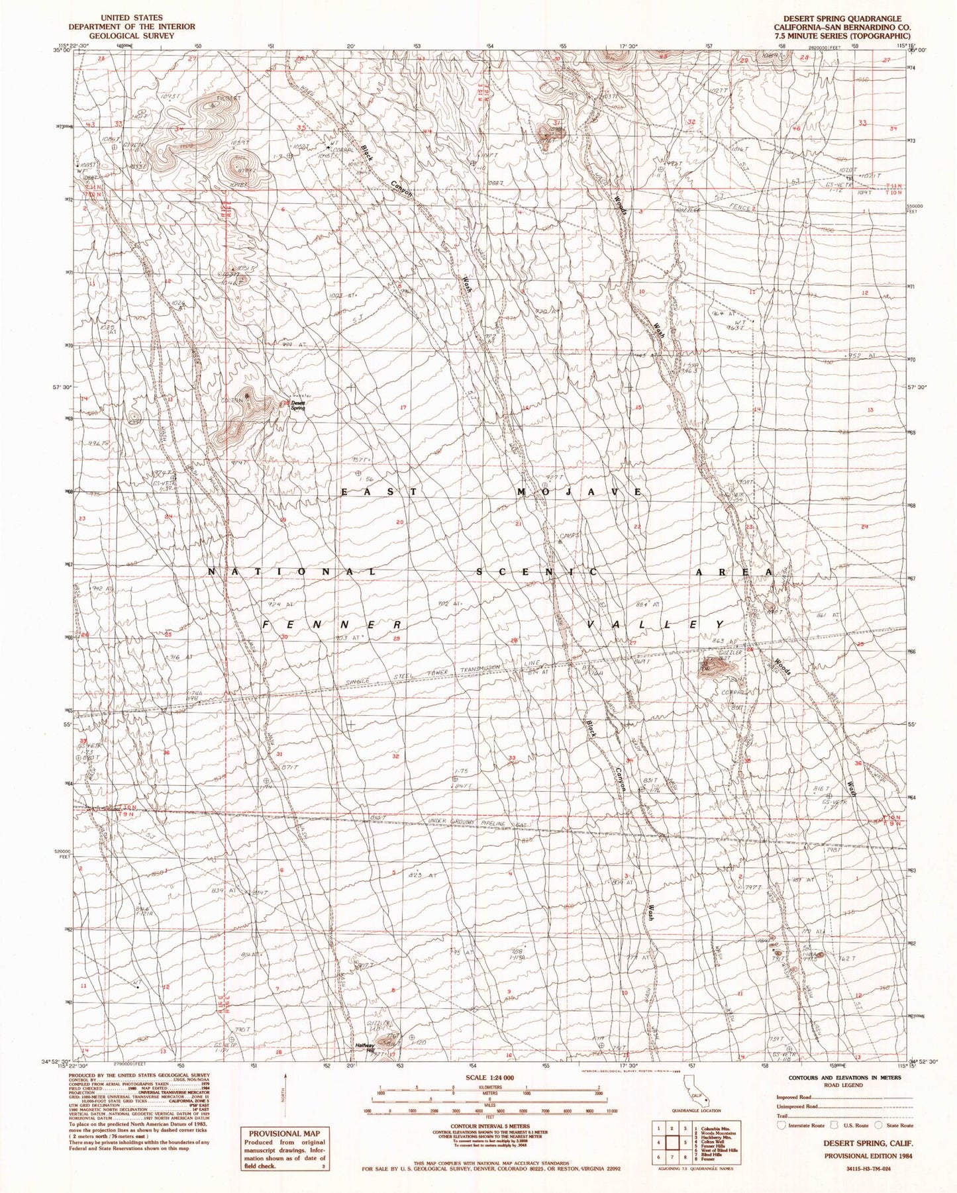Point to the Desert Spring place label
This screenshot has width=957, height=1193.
[x=298, y=408]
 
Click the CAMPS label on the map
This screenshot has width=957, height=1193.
[x=569, y=536]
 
